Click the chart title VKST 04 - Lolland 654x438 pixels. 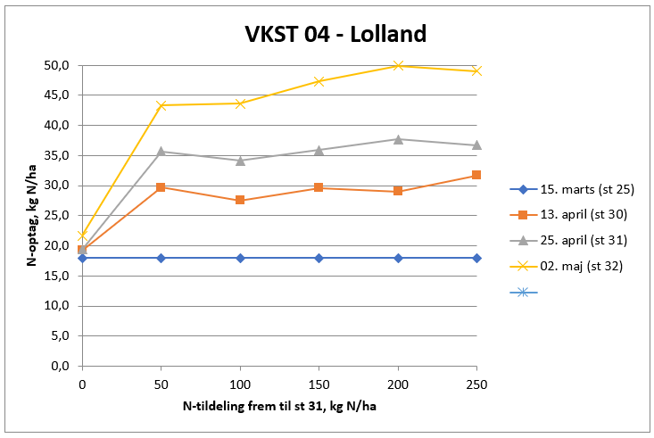point(335,35)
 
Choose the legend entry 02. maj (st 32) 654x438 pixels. point(580,266)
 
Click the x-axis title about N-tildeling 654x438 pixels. point(279,408)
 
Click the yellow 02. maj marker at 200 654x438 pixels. point(398,65)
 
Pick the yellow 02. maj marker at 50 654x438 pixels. point(161,105)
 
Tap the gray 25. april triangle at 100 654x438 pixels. point(240,161)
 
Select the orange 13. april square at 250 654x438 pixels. point(476,175)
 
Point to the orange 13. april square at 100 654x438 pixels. point(240,200)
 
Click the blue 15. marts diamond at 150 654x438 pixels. point(319,258)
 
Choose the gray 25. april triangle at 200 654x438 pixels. point(398,139)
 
